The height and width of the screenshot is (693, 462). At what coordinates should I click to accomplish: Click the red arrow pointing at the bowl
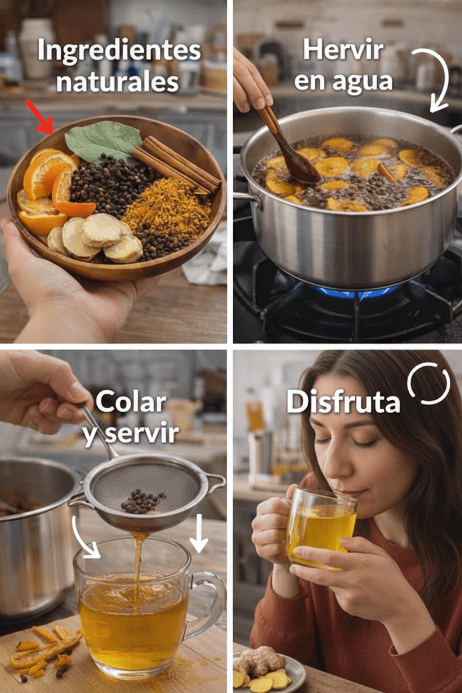40,118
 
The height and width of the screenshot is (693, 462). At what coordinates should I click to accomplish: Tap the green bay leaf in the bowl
103,140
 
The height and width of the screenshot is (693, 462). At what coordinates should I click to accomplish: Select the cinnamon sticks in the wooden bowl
177,163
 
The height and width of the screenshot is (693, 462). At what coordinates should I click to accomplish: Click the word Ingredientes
119,51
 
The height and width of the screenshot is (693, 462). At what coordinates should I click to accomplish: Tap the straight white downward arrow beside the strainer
199,534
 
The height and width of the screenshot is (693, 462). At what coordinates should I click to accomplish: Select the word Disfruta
343,402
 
